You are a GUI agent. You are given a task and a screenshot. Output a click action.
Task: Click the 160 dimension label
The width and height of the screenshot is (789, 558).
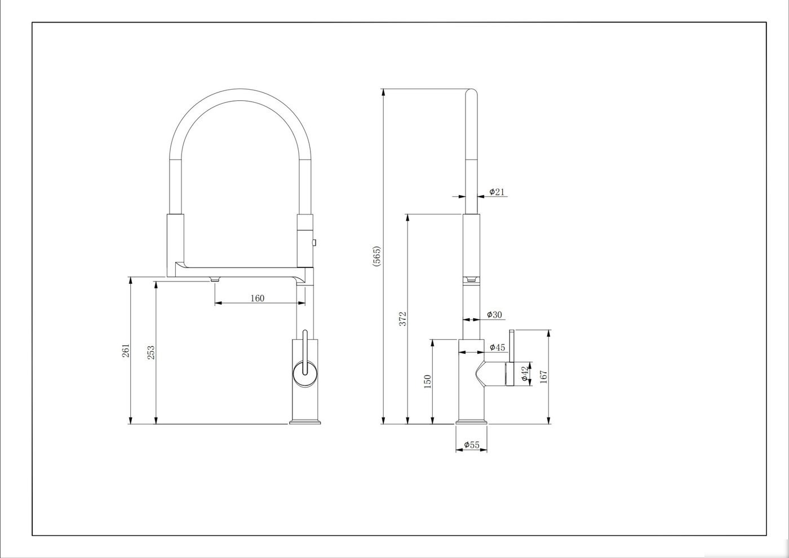[257, 298]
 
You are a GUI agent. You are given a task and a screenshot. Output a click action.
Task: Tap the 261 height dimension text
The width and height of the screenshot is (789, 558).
[126, 350]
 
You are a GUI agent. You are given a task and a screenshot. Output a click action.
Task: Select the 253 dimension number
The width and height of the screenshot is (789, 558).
[150, 353]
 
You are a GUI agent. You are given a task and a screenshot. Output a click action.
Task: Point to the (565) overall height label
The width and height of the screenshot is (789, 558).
[376, 256]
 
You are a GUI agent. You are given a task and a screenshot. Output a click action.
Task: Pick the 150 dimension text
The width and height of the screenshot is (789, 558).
[427, 381]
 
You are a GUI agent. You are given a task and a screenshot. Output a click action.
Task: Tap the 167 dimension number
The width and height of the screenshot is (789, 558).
[543, 377]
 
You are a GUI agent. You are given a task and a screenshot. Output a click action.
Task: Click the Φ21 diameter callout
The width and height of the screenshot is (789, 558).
[497, 192]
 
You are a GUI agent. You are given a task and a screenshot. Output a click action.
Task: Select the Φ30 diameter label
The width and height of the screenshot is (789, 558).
[495, 315]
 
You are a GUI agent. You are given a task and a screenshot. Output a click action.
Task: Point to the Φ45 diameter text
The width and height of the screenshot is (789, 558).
[497, 348]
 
